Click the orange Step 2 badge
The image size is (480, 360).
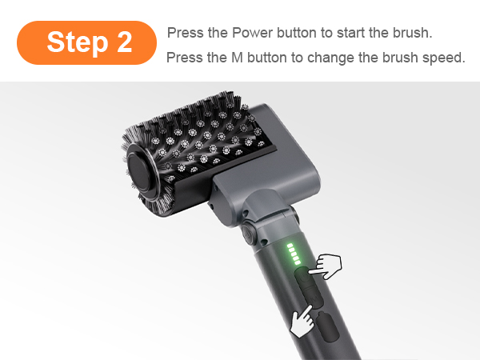[86, 42]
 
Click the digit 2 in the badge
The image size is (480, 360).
[124, 42]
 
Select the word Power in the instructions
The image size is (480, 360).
[252, 33]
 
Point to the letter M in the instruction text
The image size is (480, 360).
[238, 58]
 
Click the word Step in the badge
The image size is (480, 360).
[78, 42]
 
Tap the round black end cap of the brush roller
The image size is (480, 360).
[139, 172]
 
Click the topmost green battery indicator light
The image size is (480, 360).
[290, 246]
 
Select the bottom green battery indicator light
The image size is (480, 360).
[297, 262]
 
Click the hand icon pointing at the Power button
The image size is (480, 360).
[326, 266]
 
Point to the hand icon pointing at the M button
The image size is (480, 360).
[302, 322]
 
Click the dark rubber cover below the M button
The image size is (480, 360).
[327, 326]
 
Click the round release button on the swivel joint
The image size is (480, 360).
[250, 234]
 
